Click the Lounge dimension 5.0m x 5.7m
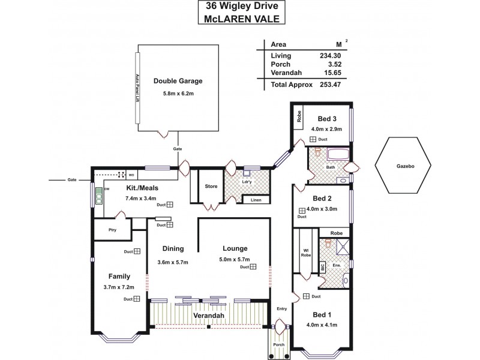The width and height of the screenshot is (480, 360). pyautogui.click(x=235, y=260)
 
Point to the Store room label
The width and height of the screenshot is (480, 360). pyautogui.click(x=211, y=186)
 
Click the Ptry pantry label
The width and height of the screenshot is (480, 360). pyautogui.click(x=112, y=229)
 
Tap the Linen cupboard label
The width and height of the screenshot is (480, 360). pyautogui.click(x=256, y=200)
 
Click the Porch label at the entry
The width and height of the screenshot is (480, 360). pyautogui.click(x=278, y=344)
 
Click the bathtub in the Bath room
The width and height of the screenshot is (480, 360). pyautogui.click(x=329, y=153)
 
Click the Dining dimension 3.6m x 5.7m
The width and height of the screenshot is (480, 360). pyautogui.click(x=172, y=262)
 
